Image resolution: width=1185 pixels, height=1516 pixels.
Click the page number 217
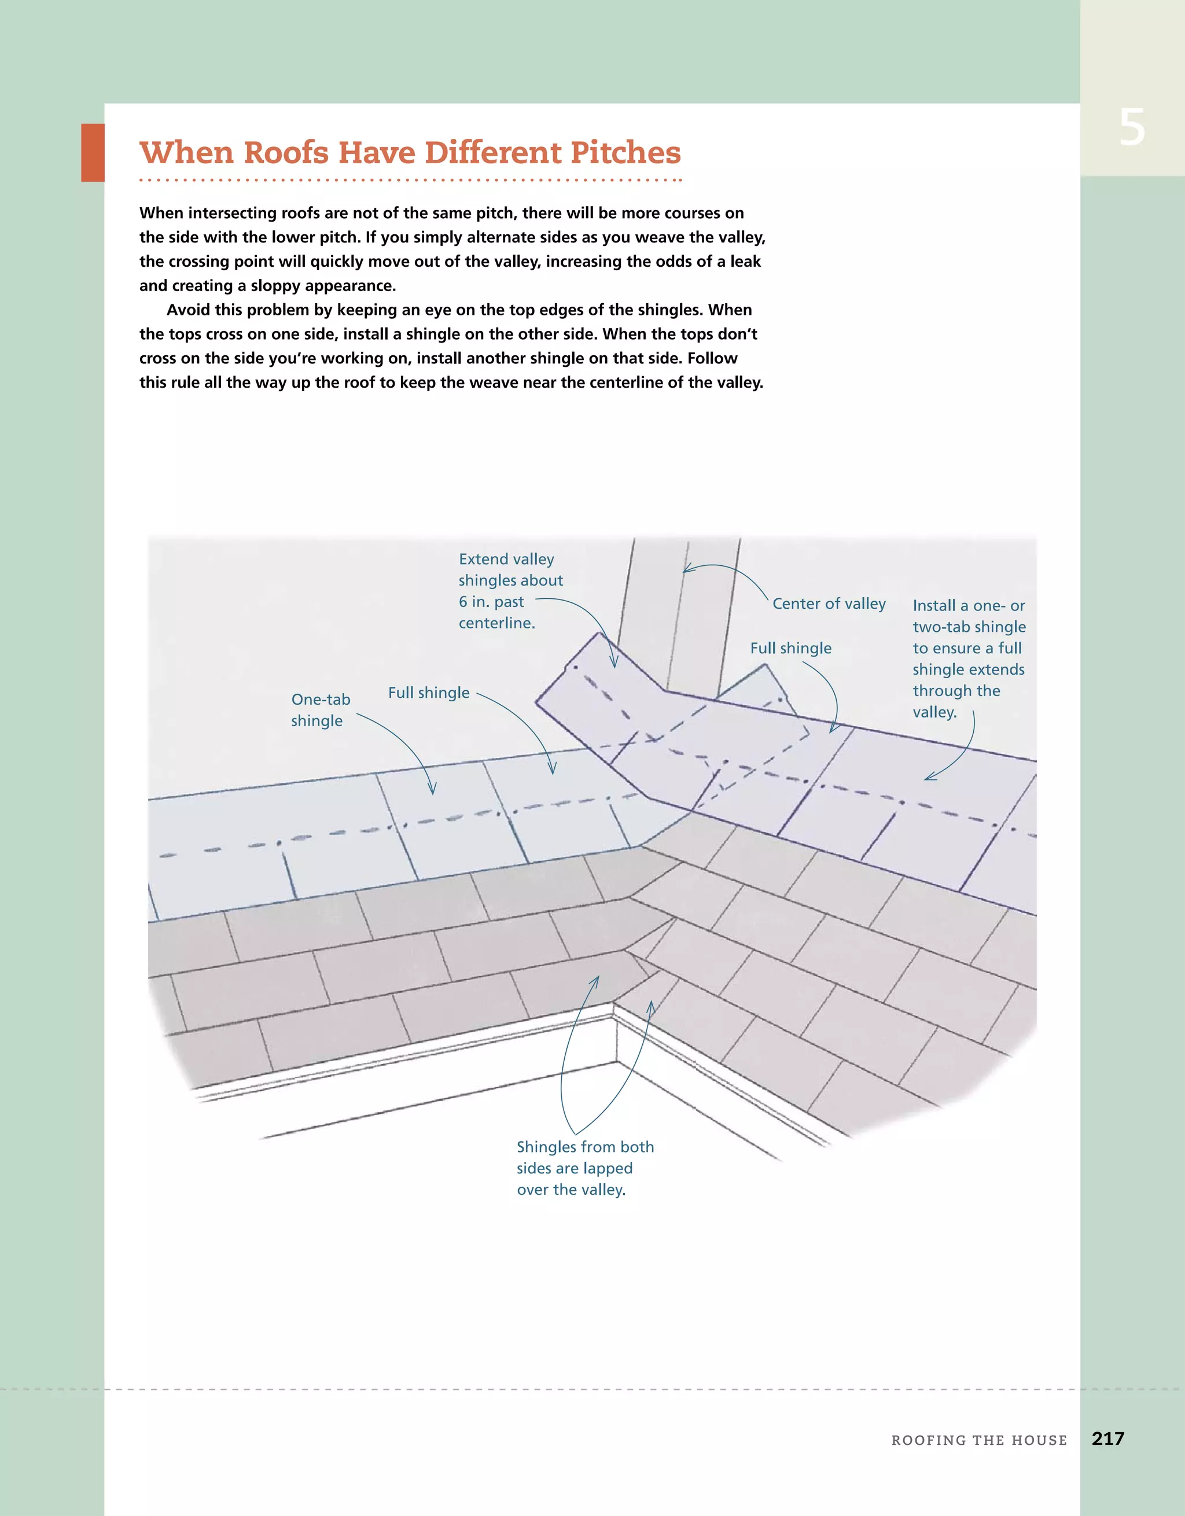pyautogui.click(x=1107, y=1438)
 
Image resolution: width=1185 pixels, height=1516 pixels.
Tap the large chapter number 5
pyautogui.click(x=1132, y=128)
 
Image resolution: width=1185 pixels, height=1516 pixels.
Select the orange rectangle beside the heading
pyautogui.click(x=93, y=153)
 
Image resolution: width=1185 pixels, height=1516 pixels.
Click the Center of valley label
pyautogui.click(x=829, y=604)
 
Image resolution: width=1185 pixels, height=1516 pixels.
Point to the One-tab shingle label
pyautogui.click(x=320, y=709)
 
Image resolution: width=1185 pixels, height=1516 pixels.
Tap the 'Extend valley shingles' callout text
pyautogui.click(x=510, y=590)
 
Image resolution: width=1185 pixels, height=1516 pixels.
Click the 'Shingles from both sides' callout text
pyautogui.click(x=584, y=1168)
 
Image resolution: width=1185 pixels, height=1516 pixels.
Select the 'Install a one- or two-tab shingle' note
pyautogui.click(x=969, y=658)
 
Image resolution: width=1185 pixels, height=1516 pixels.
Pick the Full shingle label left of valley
pyautogui.click(x=428, y=693)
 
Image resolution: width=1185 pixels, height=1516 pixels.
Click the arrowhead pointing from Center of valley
pyautogui.click(x=686, y=571)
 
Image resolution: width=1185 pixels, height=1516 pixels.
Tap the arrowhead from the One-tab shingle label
pyautogui.click(x=432, y=792)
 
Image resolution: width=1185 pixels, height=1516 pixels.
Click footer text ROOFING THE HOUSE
pyautogui.click(x=979, y=1440)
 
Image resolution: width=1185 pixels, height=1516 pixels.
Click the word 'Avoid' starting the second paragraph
pyautogui.click(x=188, y=310)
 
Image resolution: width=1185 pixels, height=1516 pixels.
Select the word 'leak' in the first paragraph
pyautogui.click(x=745, y=262)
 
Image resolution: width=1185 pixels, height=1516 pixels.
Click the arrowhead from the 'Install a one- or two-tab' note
pyautogui.click(x=928, y=779)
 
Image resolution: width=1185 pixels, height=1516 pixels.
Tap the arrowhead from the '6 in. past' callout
pyautogui.click(x=614, y=665)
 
